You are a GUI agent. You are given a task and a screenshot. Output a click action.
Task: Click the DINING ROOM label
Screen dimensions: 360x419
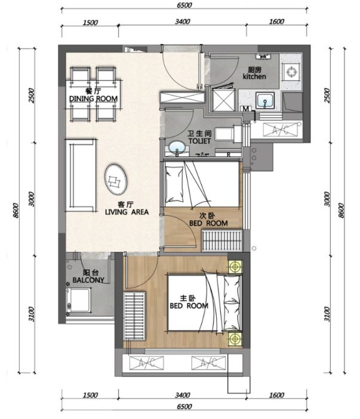click(93, 99)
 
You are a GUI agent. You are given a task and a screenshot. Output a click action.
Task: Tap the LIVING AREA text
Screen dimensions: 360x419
click(127, 212)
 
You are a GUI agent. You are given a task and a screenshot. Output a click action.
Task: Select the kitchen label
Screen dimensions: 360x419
click(254, 76)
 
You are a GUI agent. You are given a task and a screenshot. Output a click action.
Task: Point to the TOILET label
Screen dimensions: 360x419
click(199, 141)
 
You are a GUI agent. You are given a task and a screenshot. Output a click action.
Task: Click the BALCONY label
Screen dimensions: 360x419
click(88, 280)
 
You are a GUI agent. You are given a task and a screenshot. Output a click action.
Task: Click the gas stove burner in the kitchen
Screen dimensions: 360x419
click(291, 72)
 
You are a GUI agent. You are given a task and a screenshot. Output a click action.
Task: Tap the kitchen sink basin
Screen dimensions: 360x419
click(265, 100)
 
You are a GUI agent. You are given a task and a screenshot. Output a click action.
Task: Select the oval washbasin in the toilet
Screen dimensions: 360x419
click(177, 147)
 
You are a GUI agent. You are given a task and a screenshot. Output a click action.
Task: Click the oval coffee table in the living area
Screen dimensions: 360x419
click(115, 180)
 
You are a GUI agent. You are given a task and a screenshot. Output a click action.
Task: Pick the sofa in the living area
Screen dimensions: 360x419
click(81, 175)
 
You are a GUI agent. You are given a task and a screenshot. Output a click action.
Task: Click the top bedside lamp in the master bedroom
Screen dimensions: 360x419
click(235, 267)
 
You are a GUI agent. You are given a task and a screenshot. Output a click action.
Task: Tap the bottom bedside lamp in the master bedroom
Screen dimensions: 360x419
click(235, 339)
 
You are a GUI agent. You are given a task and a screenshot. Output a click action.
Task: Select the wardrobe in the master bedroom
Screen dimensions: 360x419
click(134, 316)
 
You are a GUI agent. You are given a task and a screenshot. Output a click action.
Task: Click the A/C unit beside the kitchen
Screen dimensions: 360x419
click(281, 130)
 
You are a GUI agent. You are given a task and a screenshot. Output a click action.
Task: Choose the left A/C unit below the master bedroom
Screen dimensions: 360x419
click(146, 363)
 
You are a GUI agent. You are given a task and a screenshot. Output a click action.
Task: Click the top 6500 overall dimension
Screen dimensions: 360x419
click(184, 5)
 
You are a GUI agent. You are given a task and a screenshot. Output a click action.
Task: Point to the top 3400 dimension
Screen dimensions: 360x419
click(183, 21)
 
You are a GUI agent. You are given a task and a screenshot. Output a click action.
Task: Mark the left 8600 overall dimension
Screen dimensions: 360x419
click(16, 211)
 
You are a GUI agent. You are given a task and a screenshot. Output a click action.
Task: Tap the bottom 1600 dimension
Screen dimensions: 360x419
click(276, 395)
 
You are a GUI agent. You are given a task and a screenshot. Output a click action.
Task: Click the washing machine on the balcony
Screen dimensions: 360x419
click(79, 300)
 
